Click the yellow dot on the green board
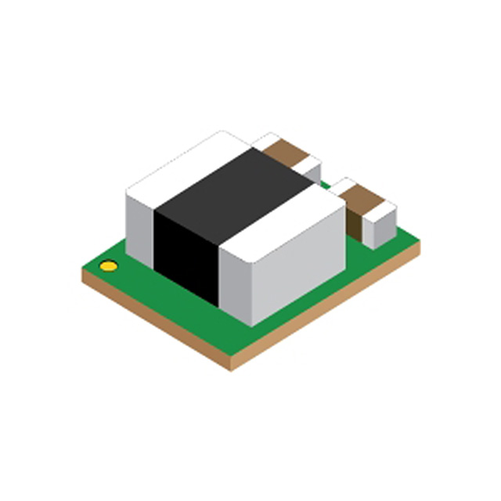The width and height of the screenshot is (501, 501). click(x=109, y=266)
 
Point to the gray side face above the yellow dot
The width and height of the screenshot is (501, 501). click(x=140, y=227)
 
